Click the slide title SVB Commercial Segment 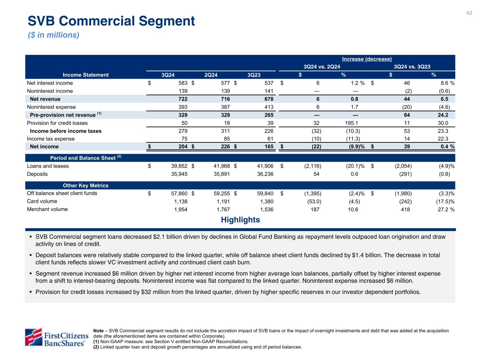(111, 21)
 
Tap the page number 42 (469, 13)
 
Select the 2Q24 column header (211, 75)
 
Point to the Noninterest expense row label (51, 107)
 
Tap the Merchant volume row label (47, 210)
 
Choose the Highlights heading (240, 220)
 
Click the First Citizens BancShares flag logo (33, 336)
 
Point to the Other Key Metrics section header (85, 186)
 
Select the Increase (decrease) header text (367, 59)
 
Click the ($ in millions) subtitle (53, 35)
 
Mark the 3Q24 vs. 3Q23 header (412, 67)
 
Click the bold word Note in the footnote (98, 331)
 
